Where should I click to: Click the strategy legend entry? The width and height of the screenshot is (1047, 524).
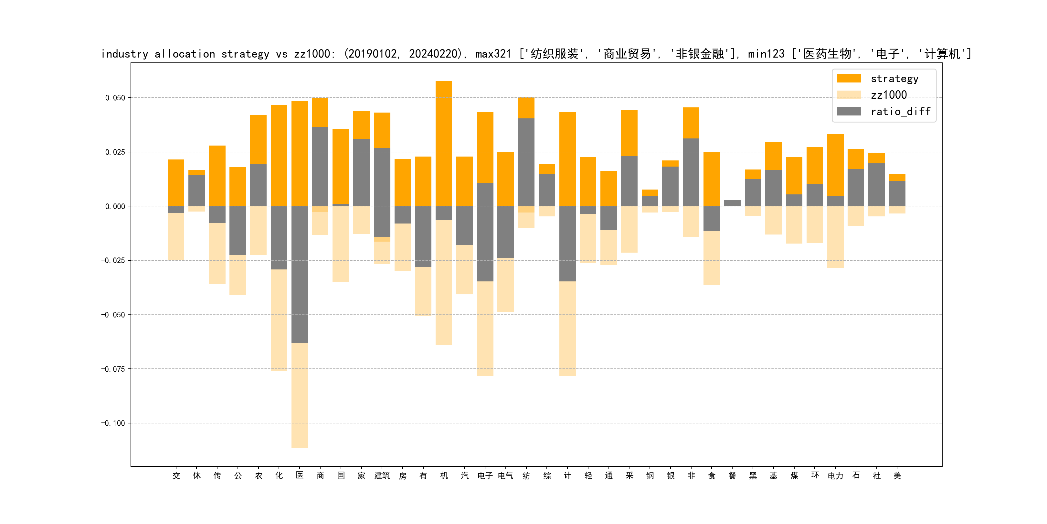[x=894, y=79]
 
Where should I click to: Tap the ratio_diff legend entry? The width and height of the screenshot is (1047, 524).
[x=900, y=112]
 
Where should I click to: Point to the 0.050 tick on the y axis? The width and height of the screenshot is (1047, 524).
[x=115, y=98]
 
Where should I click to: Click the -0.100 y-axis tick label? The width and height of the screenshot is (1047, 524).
[x=113, y=423]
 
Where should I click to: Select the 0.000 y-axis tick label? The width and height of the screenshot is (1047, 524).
[x=115, y=206]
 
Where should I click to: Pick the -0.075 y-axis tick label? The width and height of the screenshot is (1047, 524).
[x=113, y=369]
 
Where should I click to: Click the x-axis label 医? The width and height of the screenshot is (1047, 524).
[x=300, y=475]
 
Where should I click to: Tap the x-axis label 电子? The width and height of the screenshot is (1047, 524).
[x=485, y=475]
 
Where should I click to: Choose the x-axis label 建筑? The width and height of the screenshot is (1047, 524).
[x=382, y=475]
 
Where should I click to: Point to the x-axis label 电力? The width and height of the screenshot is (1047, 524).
[x=835, y=475]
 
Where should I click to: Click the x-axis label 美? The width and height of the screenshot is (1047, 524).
[x=897, y=475]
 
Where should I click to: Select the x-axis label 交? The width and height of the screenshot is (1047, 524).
[x=176, y=475]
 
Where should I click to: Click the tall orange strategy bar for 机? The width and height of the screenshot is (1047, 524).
[x=444, y=142]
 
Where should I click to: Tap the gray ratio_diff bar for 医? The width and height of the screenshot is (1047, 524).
[x=300, y=275]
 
